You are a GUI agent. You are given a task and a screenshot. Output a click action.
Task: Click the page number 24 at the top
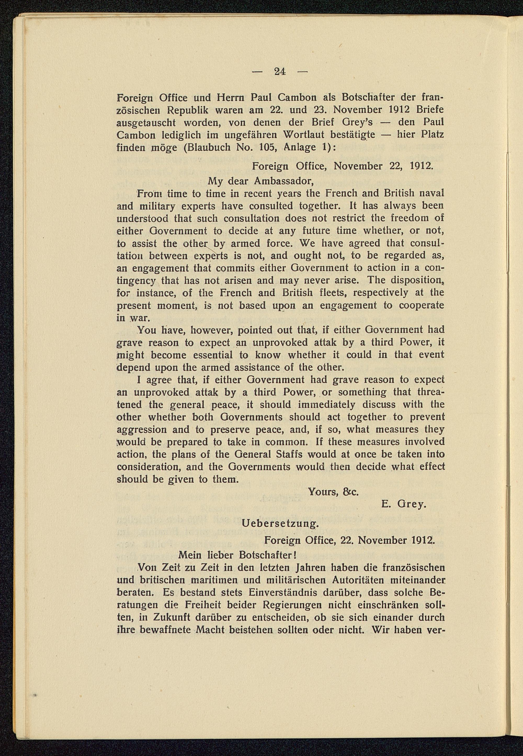[280, 71]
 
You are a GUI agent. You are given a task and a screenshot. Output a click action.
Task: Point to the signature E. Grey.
[404, 504]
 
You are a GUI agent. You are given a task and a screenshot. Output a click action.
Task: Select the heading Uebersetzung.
[280, 523]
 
